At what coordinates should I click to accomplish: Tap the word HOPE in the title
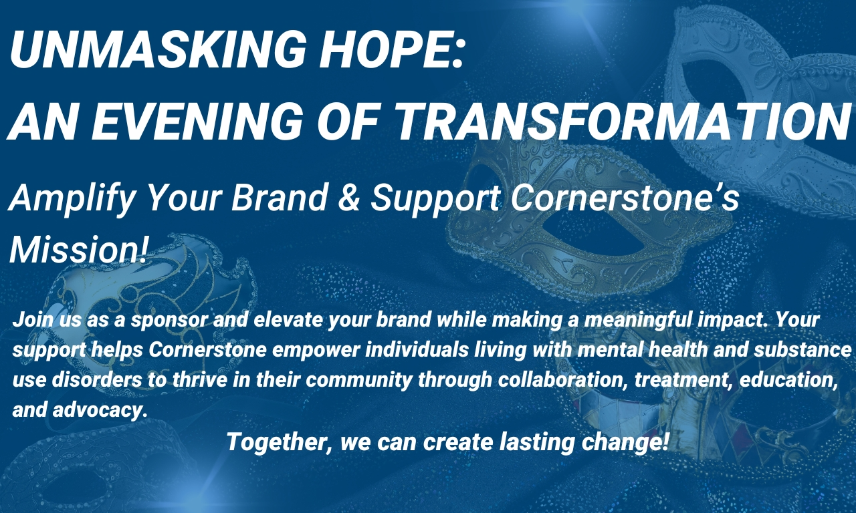387,50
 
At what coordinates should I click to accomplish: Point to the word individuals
417,349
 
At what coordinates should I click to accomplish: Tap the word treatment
684,380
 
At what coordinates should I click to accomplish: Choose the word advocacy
100,410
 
